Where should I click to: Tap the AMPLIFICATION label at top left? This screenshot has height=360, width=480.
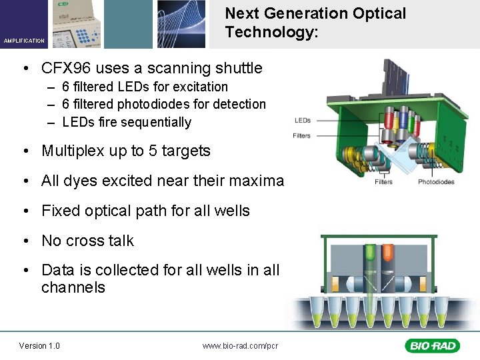tap(24, 41)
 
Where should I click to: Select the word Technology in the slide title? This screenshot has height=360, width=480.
tap(267, 32)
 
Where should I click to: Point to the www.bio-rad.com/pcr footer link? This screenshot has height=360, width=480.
tap(240, 345)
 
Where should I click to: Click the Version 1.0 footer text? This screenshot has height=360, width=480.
tap(39, 345)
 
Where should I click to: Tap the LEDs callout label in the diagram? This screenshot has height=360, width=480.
tap(302, 121)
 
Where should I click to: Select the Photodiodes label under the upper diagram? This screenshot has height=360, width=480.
tap(436, 182)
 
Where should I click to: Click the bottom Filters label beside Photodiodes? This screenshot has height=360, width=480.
tap(383, 182)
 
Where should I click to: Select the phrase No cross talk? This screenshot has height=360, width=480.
tap(87, 241)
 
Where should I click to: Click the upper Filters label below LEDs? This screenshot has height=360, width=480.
tap(301, 135)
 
